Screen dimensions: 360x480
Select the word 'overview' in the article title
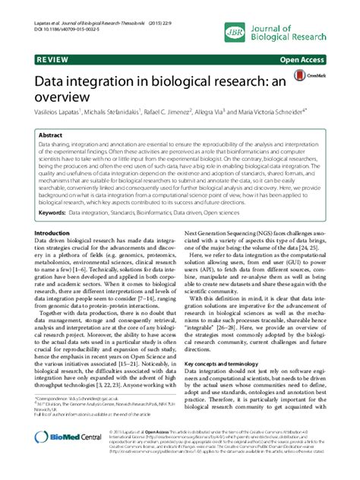(65, 96)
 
